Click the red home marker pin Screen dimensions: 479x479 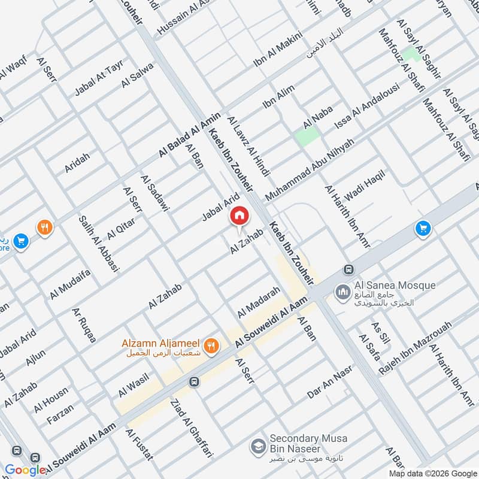(239, 216)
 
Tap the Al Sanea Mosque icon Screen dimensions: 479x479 (342, 292)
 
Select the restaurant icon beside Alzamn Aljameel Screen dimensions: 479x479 (210, 345)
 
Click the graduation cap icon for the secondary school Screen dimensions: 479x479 (258, 446)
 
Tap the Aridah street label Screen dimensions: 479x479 (77, 163)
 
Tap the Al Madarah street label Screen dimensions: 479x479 (259, 302)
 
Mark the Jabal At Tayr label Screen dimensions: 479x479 (98, 80)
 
